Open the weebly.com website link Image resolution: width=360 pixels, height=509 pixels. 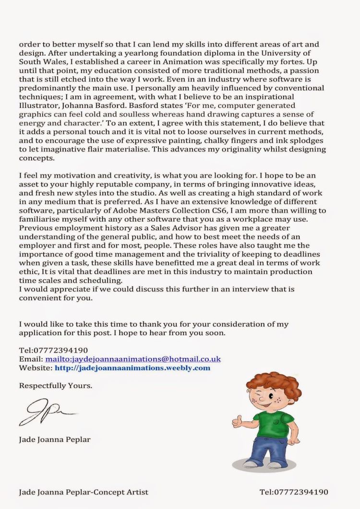[x=132, y=368]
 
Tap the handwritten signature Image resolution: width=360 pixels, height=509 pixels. [x=46, y=413]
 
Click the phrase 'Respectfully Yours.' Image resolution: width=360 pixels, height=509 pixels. [x=56, y=385]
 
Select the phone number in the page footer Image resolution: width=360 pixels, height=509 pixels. [x=294, y=492]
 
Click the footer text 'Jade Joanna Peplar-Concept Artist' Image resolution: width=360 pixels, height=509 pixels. [x=84, y=492]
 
